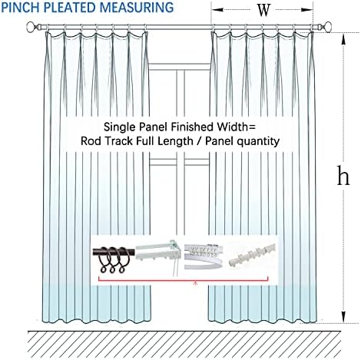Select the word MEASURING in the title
tap(137, 7)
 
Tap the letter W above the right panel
tap(263, 10)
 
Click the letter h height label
tap(343, 176)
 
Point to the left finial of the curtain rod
tap(31, 27)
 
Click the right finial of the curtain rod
tap(326, 27)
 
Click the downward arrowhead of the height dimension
tap(343, 317)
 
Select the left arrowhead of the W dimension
tap(217, 10)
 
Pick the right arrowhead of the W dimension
tap(306, 10)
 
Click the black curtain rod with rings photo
tap(114, 258)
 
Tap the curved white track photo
tap(204, 256)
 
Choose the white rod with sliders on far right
tap(252, 255)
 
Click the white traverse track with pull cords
tap(159, 256)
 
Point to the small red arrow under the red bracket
tap(196, 283)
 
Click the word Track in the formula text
tap(121, 141)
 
